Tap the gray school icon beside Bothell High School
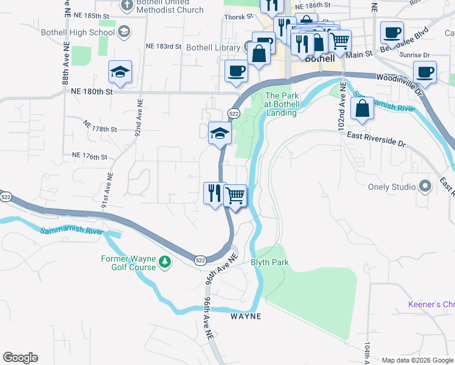coord(124,32)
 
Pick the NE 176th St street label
coord(89,157)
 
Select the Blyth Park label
coord(269,262)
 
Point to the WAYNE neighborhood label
coord(246,316)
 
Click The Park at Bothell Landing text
coord(281,104)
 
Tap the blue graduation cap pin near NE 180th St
coord(120,72)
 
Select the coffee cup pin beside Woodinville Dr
coord(425,71)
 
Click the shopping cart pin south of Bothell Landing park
coord(235,196)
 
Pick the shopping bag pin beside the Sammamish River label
coord(362,108)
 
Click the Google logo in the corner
coord(20,358)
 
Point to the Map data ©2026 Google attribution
coord(417,360)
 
